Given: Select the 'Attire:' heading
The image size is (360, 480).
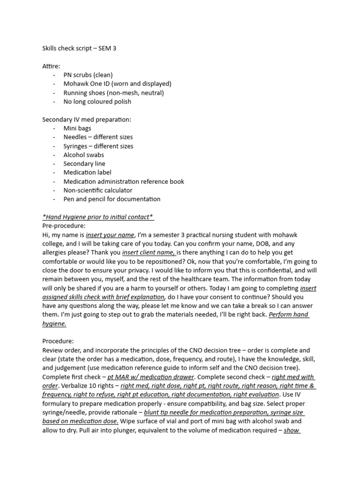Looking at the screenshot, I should click(x=51, y=66).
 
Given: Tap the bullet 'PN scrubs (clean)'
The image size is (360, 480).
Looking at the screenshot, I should click(x=88, y=75).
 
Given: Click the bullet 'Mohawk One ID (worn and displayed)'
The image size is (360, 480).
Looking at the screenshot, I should click(x=117, y=84).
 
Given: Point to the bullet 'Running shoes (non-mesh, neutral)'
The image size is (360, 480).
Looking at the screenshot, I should click(x=113, y=93).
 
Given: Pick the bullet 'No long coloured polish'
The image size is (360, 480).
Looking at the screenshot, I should click(x=97, y=102).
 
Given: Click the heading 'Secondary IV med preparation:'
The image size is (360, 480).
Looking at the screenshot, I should click(x=87, y=120).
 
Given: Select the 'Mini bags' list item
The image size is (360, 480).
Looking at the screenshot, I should click(x=77, y=128).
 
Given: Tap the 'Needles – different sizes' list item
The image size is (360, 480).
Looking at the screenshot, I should click(x=98, y=137).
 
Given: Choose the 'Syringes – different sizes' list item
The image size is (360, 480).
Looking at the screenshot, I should click(x=98, y=146).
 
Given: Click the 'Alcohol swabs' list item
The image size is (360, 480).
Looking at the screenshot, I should click(x=83, y=155).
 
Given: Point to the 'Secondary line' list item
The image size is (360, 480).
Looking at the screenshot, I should click(x=84, y=164).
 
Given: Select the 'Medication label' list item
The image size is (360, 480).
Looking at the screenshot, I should click(x=87, y=172).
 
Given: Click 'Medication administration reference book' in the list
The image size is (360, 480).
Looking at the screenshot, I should click(x=124, y=181).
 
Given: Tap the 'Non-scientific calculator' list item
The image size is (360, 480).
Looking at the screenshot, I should click(x=98, y=190).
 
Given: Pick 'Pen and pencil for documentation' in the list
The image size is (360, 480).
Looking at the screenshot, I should click(x=112, y=199).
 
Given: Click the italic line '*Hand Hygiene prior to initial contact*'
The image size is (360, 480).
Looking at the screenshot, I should click(x=98, y=217).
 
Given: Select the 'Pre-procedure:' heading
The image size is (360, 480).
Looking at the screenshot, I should click(x=64, y=226).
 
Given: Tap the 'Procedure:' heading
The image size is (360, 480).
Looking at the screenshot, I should click(x=58, y=341).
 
